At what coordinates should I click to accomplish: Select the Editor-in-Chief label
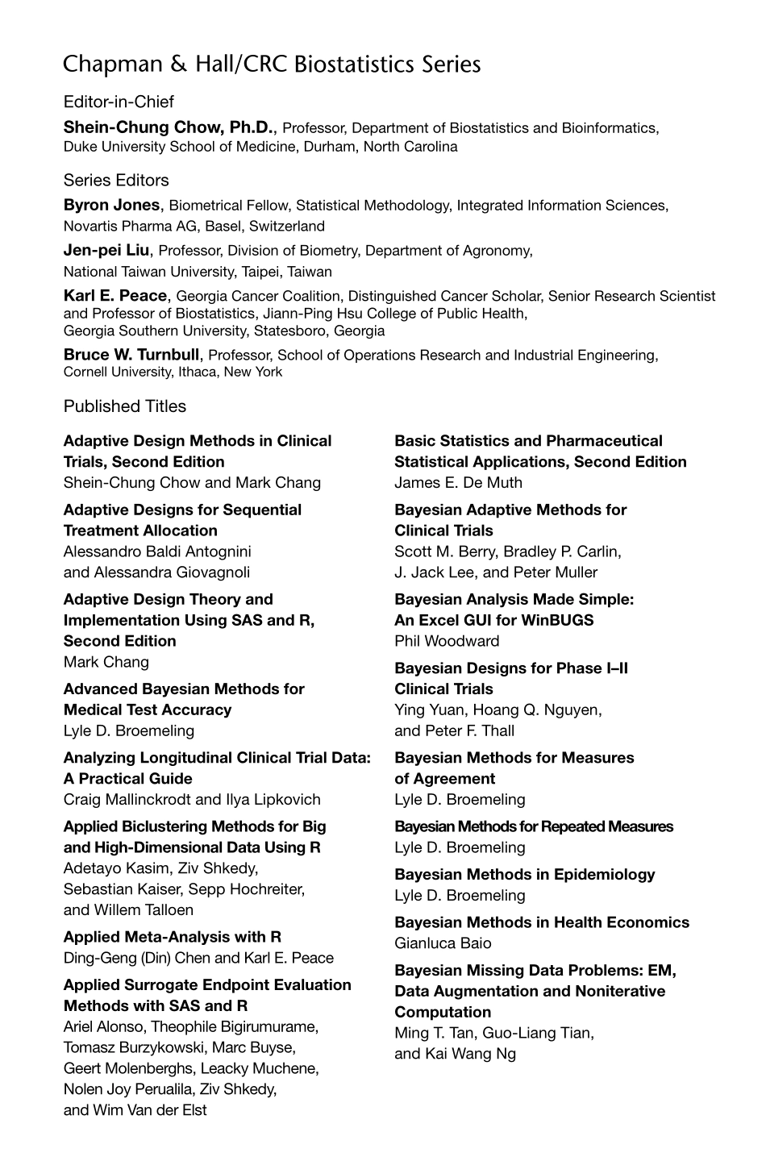click(x=119, y=102)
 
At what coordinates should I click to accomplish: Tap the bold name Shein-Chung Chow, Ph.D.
click(x=169, y=127)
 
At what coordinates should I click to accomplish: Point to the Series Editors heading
click(x=116, y=180)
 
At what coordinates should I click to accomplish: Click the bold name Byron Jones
click(x=111, y=206)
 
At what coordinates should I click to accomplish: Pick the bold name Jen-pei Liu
click(x=106, y=251)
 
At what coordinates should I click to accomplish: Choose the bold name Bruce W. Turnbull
click(x=131, y=355)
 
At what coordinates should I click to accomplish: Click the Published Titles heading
click(x=125, y=406)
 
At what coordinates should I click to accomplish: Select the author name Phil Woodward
click(x=447, y=641)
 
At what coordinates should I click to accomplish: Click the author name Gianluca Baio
click(x=443, y=943)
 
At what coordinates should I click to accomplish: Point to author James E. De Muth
click(x=458, y=483)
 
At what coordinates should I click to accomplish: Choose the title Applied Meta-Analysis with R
click(x=173, y=937)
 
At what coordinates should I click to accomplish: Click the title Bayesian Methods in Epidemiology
click(x=524, y=875)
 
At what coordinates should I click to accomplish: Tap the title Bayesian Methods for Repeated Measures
click(x=533, y=826)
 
